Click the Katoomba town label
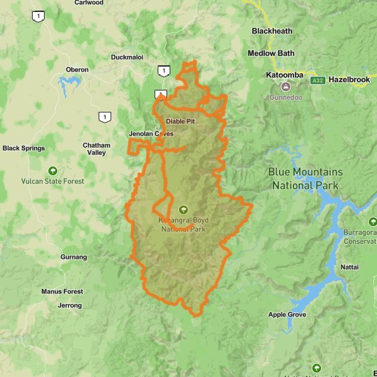point(285,75)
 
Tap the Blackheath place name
point(271,31)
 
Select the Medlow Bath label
point(271,53)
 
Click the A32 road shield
point(317,80)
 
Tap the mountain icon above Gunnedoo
point(286,87)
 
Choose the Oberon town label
point(77,69)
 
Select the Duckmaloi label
point(127,57)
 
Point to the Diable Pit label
point(180,121)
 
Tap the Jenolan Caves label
point(151,134)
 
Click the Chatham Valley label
point(96,149)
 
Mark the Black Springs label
point(24,148)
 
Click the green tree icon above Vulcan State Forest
point(52,170)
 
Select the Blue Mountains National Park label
point(305,178)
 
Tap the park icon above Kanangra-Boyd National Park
point(183,209)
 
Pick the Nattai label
point(349,267)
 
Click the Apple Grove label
point(287,315)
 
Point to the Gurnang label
point(74,257)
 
